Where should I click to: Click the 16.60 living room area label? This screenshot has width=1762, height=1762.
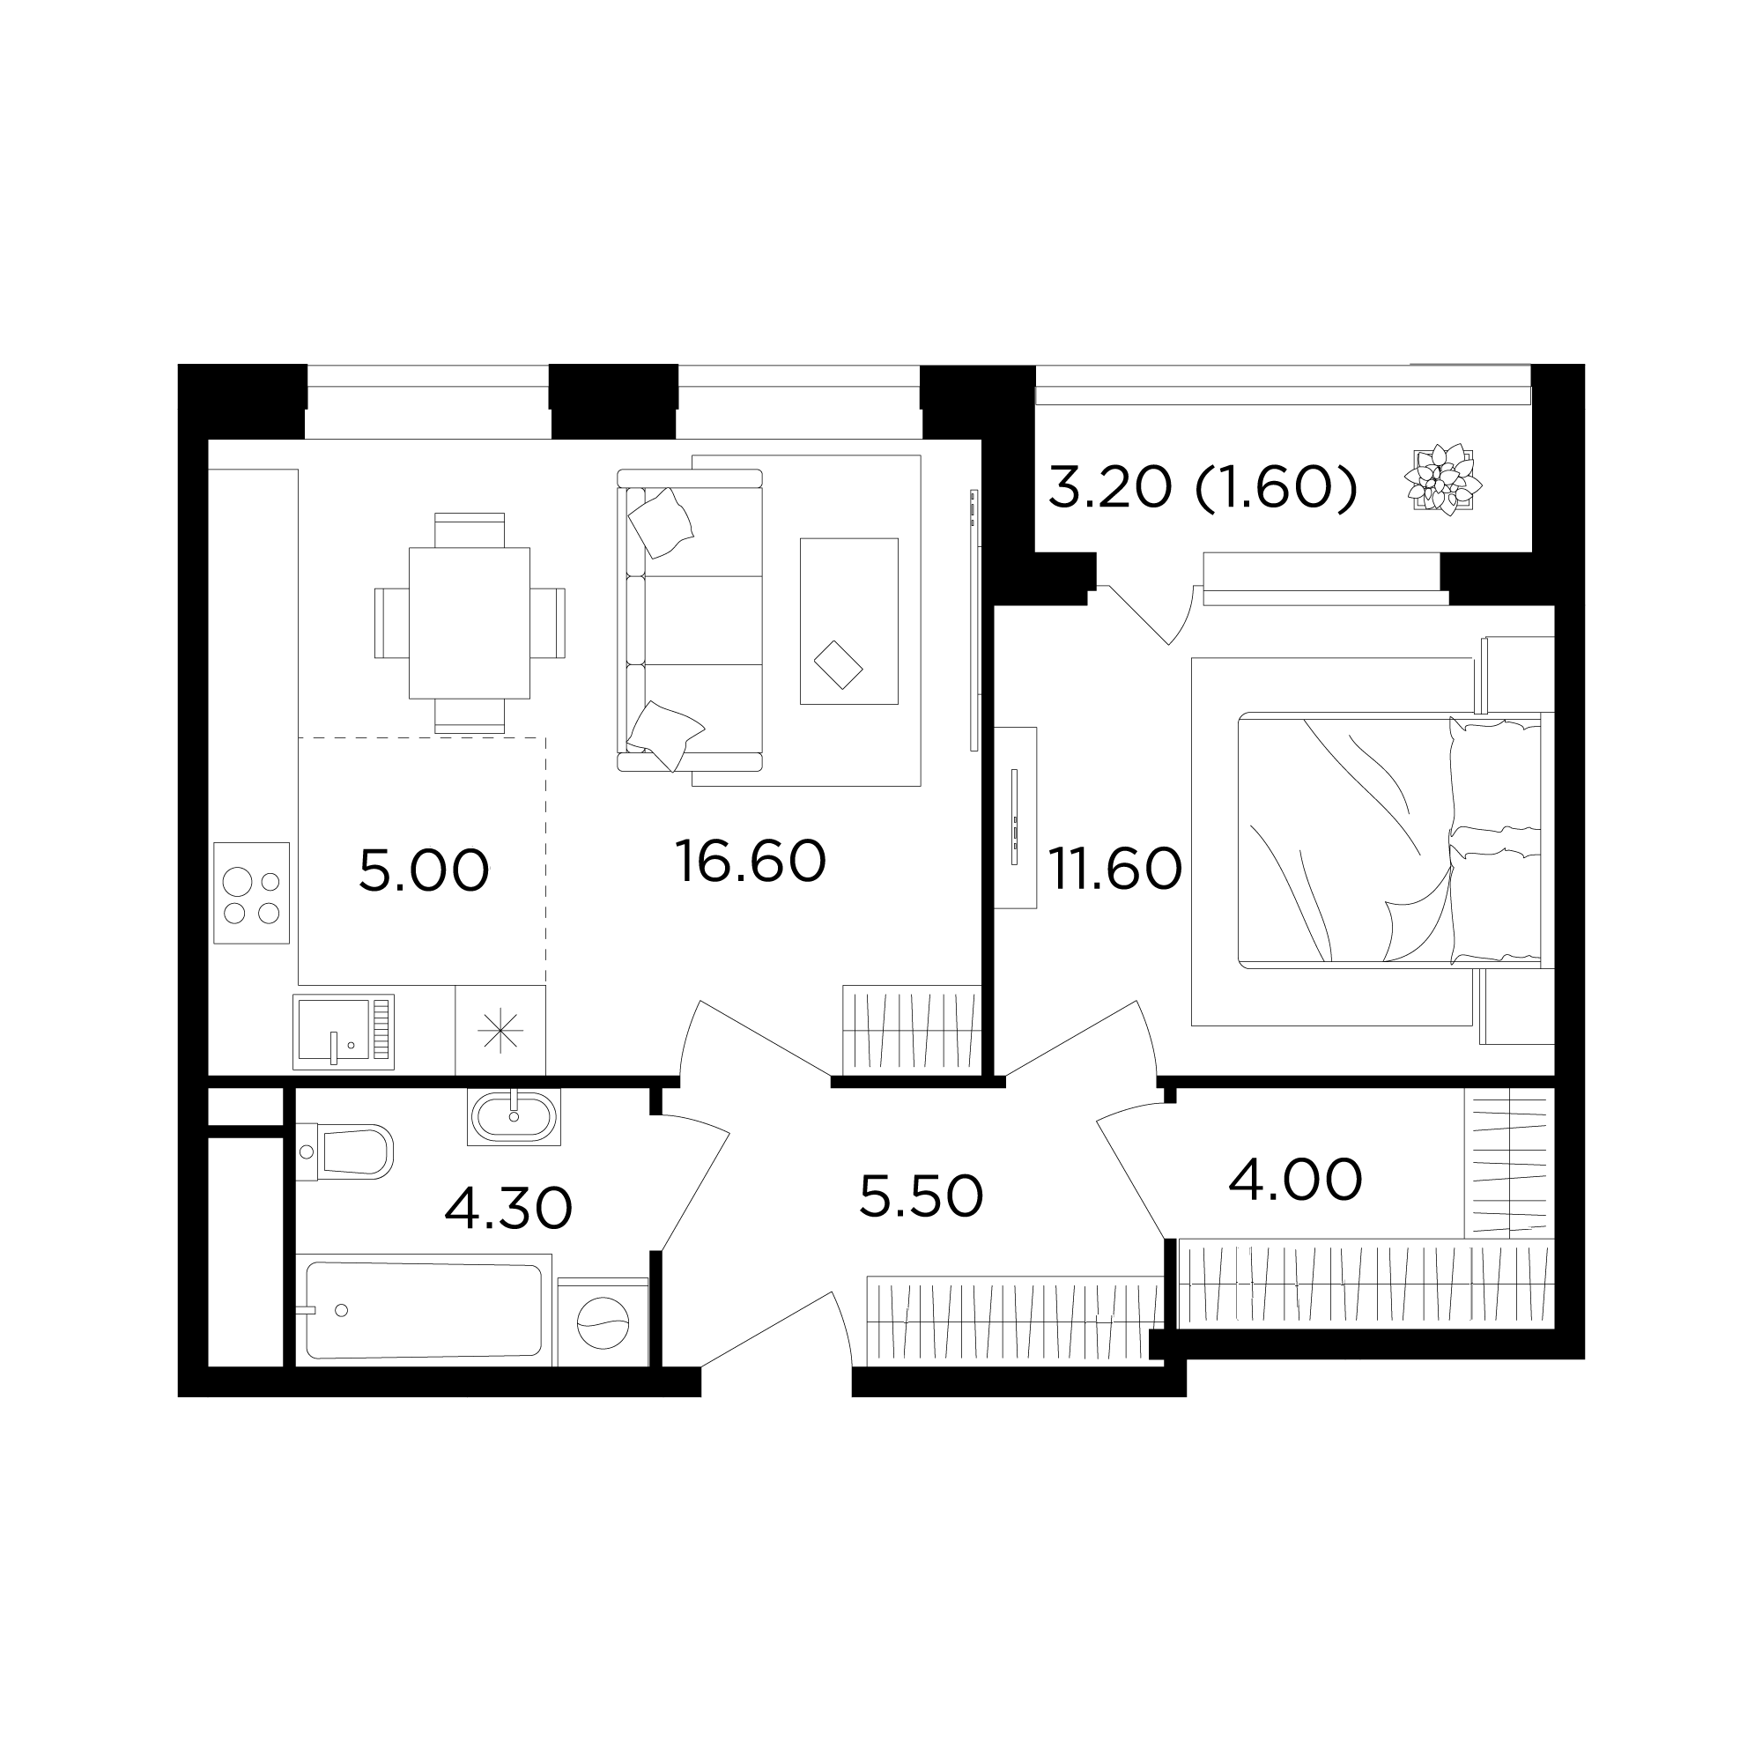click(751, 862)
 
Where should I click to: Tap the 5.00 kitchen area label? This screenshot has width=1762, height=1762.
click(424, 870)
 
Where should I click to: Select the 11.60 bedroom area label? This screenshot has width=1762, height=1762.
click(1114, 869)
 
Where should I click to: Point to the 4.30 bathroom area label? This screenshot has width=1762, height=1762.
click(508, 1208)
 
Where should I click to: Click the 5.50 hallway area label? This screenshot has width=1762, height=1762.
click(922, 1196)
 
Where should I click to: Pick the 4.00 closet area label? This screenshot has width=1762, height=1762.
click(1295, 1181)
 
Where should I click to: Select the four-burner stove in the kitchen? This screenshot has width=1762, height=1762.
click(252, 892)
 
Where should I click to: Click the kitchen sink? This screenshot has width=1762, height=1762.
click(344, 1032)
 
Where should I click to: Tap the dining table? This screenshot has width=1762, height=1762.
click(470, 623)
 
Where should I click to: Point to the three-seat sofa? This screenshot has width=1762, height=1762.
click(690, 620)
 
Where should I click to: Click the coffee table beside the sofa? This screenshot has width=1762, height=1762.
click(849, 621)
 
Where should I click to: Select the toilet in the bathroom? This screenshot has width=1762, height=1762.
click(344, 1151)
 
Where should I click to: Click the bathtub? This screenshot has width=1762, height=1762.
click(424, 1311)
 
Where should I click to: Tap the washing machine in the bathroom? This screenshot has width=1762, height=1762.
click(603, 1321)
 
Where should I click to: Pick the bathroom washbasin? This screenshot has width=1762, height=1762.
click(515, 1116)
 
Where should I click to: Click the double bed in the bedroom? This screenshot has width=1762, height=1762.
click(1389, 840)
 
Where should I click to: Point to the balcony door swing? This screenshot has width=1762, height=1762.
click(1147, 615)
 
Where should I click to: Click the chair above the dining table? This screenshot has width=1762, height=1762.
click(470, 529)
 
